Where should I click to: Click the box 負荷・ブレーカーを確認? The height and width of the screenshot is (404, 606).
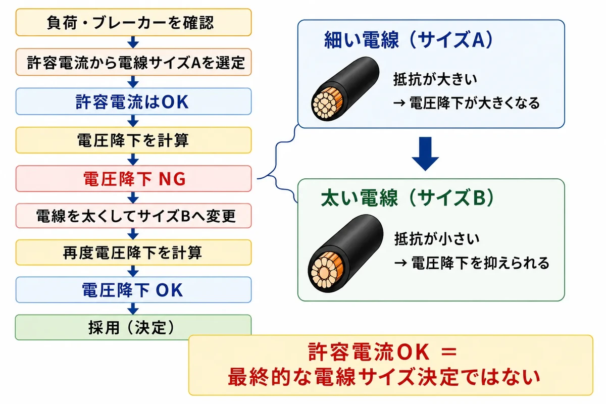pos(133,22)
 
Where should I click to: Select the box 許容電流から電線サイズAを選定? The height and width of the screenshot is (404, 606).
pos(133,62)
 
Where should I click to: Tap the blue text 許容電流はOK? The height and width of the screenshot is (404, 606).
pos(132,102)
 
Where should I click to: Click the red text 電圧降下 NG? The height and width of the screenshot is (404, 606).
pos(134,179)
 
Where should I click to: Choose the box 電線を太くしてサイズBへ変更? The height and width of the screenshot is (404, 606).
pos(133,216)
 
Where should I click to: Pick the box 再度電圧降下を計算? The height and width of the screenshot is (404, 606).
pos(133,252)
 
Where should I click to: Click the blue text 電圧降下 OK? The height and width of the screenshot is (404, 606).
pos(132,290)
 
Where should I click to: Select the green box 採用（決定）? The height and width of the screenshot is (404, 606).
pos(133,327)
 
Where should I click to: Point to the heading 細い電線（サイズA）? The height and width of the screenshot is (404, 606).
pos(409,40)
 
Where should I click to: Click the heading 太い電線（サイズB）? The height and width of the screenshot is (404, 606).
pos(408,198)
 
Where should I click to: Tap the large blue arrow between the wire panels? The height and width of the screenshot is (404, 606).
pos(425,154)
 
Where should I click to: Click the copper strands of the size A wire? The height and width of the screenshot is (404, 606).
pos(327,104)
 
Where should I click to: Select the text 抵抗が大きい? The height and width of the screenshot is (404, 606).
pos(435,79)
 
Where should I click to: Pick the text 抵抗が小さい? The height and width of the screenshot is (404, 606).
pos(437,239)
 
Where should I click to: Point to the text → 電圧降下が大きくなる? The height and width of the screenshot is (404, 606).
pos(466,103)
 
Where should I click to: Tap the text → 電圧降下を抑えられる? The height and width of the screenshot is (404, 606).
pos(472,263)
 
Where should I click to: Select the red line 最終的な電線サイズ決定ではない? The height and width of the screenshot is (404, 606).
pos(384,377)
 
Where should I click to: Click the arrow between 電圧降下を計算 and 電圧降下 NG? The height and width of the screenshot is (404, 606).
pos(133,160)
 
